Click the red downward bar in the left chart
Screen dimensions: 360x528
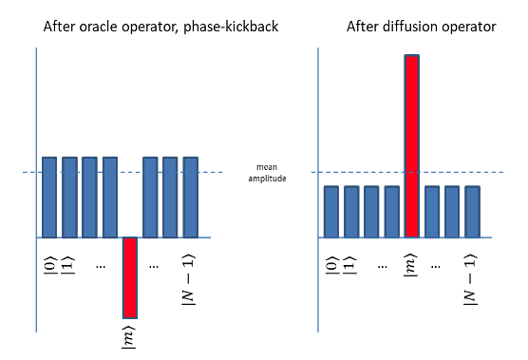pyautogui.click(x=130, y=276)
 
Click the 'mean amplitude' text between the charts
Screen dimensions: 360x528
pyautogui.click(x=264, y=172)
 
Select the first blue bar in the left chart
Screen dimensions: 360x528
pyautogui.click(x=49, y=197)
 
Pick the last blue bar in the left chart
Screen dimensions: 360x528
pyautogui.click(x=190, y=197)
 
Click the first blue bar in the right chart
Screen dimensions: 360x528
pyautogui.click(x=331, y=211)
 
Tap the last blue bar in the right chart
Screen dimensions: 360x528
pyautogui.click(x=472, y=211)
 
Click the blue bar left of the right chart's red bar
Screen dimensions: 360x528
pyautogui.click(x=391, y=211)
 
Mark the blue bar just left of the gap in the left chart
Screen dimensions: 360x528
pyautogui.click(x=110, y=197)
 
